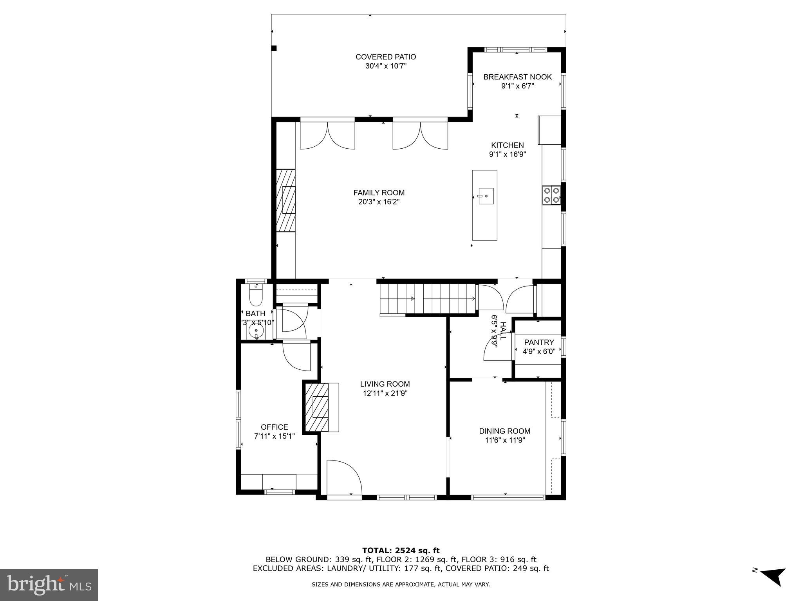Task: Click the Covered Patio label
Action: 385,57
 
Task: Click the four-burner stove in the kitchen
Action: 551,195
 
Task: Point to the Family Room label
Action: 379,193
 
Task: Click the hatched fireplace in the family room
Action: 286,201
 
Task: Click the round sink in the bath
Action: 256,331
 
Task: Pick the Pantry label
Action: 539,342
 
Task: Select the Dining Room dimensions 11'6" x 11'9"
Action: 504,440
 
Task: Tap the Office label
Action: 274,427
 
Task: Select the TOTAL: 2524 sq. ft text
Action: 401,551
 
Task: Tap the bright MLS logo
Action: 49,585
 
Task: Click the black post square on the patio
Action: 274,48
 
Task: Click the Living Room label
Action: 385,384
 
